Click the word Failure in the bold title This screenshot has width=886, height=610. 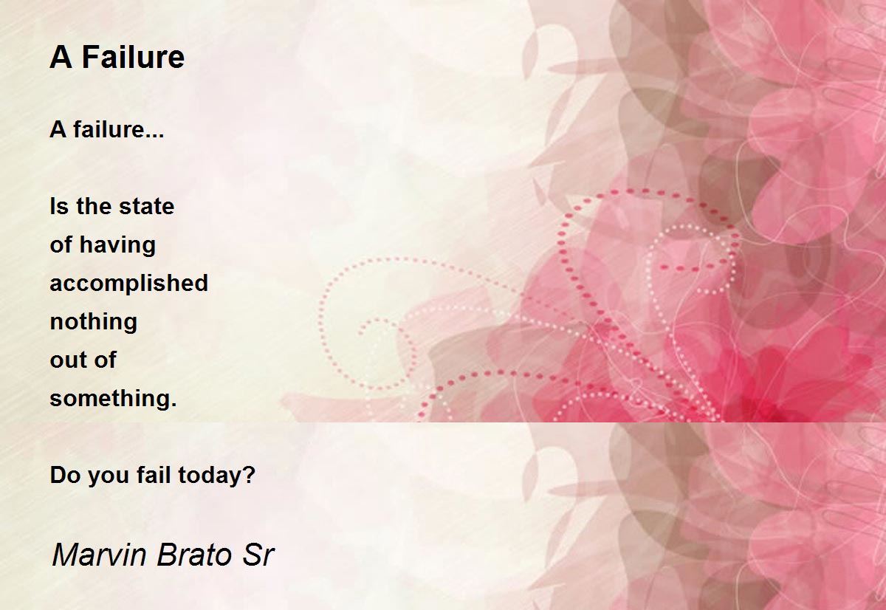coord(133,58)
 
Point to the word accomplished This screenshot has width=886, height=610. coord(129,284)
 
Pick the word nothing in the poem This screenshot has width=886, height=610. coord(93,322)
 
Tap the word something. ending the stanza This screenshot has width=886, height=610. coord(113,399)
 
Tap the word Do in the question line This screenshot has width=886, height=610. coord(65,475)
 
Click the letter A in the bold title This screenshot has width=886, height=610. coord(61,58)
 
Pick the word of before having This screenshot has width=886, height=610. coord(61,244)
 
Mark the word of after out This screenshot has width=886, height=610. coord(103,360)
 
